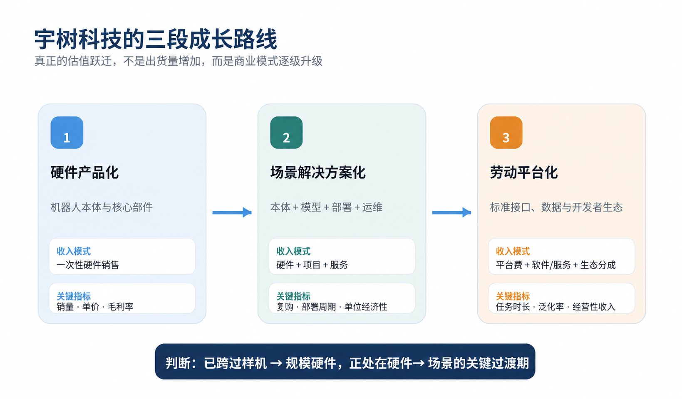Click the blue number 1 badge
pyautogui.click(x=67, y=133)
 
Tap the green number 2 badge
pyautogui.click(x=287, y=133)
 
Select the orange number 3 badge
pyautogui.click(x=506, y=133)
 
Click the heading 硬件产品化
pyautogui.click(x=84, y=172)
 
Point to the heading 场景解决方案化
pyautogui.click(x=318, y=172)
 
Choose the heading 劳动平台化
pyautogui.click(x=524, y=172)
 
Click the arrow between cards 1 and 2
pyautogui.click(x=232, y=212)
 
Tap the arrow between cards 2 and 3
pyautogui.click(x=451, y=212)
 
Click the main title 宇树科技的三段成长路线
pyautogui.click(x=156, y=39)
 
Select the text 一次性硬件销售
pyautogui.click(x=88, y=265)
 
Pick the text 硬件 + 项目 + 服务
pyautogui.click(x=312, y=265)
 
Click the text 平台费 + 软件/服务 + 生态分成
pyautogui.click(x=556, y=265)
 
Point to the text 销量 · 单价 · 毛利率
pyautogui.click(x=95, y=307)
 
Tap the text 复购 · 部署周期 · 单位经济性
pyautogui.click(x=332, y=307)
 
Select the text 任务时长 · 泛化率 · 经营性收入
pyautogui.click(x=556, y=307)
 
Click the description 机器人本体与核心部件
pyautogui.click(x=102, y=207)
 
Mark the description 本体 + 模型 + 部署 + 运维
pyautogui.click(x=326, y=207)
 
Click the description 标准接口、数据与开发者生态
pyautogui.click(x=556, y=207)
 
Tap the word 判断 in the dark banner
pyautogui.click(x=178, y=363)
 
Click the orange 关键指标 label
pyautogui.click(x=513, y=296)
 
